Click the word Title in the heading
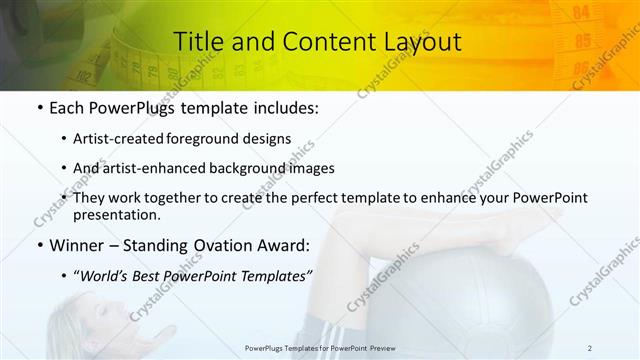click(198, 42)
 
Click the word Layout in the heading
click(420, 42)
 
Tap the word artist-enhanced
click(163, 168)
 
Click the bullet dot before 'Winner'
click(38, 245)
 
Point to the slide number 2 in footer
click(590, 348)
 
